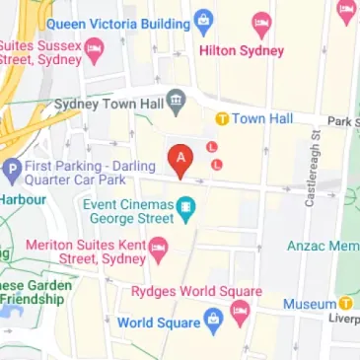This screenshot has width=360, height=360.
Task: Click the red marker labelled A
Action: tap(180, 159)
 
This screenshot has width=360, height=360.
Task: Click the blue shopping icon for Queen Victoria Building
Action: tap(204, 20)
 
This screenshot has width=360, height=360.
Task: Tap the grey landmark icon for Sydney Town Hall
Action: tap(176, 100)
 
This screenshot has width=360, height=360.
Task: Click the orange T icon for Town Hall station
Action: tap(223, 119)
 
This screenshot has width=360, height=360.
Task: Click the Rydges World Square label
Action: tap(196, 291)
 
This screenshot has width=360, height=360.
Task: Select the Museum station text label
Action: tap(310, 305)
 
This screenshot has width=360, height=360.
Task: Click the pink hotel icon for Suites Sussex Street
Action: tap(94, 46)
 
